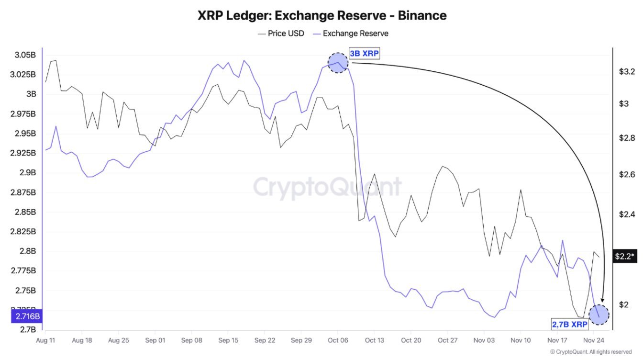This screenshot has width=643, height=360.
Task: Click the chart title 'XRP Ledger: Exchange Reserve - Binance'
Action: tap(322, 15)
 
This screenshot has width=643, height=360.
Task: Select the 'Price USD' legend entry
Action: tap(281, 34)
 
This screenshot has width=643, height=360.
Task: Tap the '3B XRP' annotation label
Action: tap(364, 54)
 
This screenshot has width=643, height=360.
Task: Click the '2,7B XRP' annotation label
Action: tap(570, 325)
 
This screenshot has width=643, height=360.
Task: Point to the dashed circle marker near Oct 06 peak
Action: tap(338, 63)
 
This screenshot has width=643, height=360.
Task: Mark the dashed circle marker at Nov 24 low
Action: tap(599, 315)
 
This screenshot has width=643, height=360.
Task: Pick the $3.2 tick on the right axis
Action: tap(627, 72)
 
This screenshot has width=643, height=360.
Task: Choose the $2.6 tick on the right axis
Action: tap(627, 174)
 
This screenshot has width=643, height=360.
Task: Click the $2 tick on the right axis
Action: tap(624, 304)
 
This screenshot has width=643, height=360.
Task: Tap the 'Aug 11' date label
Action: tap(45, 340)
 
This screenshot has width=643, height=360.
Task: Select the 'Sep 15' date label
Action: tap(228, 340)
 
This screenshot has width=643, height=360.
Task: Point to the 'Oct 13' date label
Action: tap(374, 340)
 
